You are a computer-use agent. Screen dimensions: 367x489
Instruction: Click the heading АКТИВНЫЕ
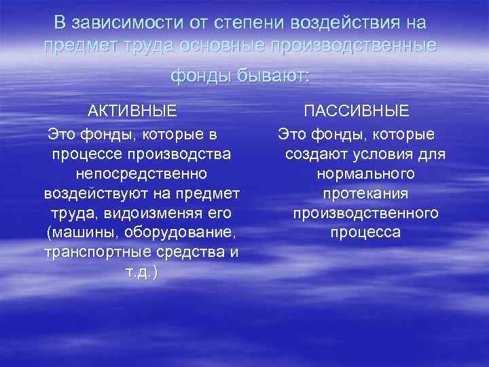(x=132, y=111)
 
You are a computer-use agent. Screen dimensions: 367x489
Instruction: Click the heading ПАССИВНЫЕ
(x=356, y=111)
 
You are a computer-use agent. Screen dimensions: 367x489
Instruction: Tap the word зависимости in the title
(x=117, y=23)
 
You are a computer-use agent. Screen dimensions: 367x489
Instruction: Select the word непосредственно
(x=141, y=174)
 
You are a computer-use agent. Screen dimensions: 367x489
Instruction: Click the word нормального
(x=365, y=174)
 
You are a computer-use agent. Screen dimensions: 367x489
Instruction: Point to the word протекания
(x=365, y=194)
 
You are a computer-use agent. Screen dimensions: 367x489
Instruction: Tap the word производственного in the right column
(x=365, y=213)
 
